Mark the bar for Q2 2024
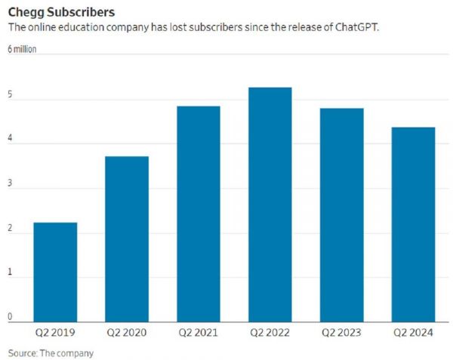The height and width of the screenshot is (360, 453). tap(413, 224)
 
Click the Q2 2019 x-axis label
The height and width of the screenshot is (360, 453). tap(55, 333)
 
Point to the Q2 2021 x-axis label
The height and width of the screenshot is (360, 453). tap(199, 333)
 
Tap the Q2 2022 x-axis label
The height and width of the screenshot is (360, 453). tap(270, 333)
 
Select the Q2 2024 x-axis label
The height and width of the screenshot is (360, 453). tap(413, 333)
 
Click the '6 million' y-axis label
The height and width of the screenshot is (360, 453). tap(23, 50)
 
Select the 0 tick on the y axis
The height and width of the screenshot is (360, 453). tap(11, 318)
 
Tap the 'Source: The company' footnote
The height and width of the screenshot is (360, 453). tap(51, 352)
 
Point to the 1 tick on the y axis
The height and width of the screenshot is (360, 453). tap(11, 275)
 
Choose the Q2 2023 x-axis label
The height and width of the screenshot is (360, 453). tap(341, 333)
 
